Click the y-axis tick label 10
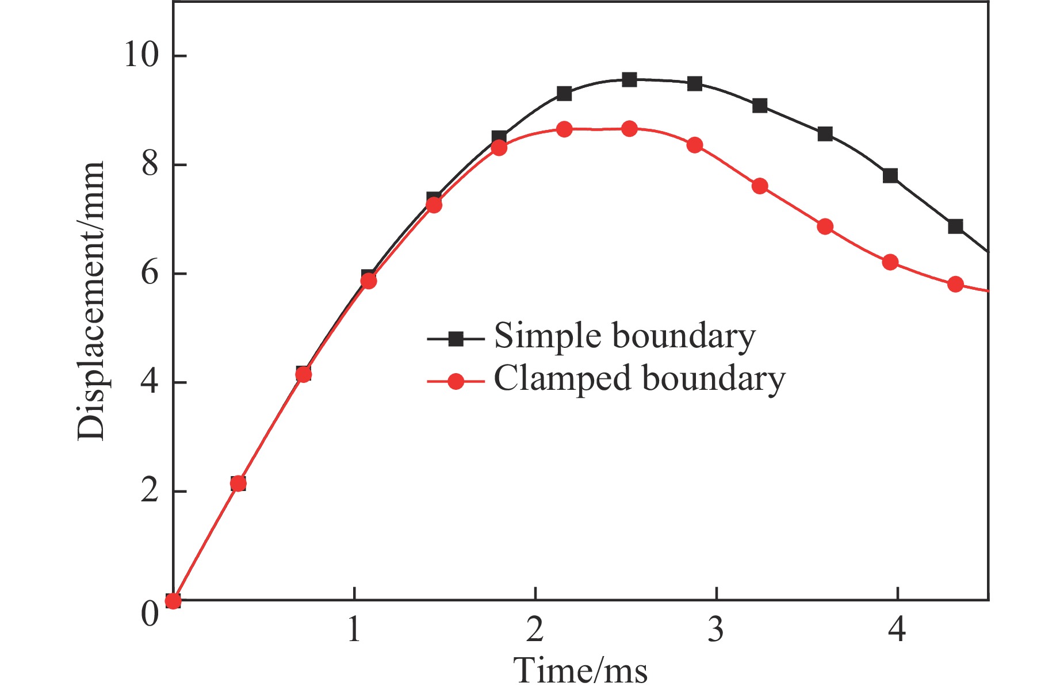141,56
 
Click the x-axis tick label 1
354,630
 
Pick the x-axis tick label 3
715,630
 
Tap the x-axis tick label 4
897,630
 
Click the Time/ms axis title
580,670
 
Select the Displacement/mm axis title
91,301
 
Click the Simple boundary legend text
625,336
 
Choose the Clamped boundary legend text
639,379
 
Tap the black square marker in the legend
456,339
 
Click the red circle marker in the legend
456,381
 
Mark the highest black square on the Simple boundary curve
629,79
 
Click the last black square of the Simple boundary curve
955,226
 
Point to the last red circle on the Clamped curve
955,284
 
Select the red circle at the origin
173,601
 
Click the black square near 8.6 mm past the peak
825,134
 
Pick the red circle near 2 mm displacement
238,484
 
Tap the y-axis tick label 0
150,614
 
